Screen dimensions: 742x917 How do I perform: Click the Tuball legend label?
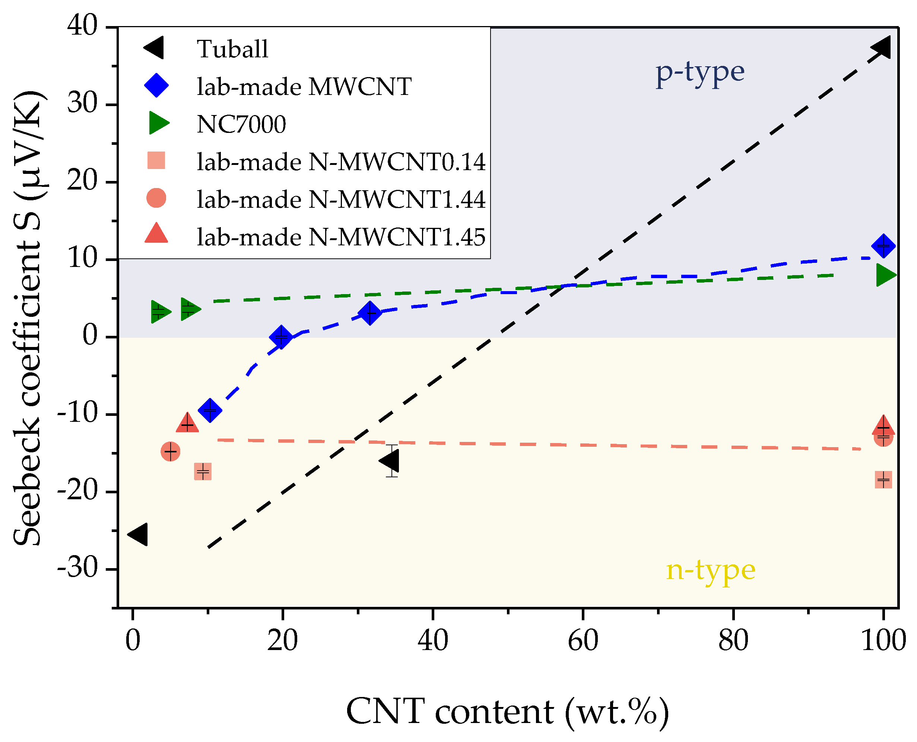232,49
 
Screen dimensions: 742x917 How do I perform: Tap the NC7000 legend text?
241,124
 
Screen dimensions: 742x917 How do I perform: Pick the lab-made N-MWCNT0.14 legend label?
341,162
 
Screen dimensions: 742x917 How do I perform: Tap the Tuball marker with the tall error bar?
390,461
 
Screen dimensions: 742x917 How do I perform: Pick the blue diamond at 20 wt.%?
281,337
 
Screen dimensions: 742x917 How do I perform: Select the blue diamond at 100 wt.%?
883,246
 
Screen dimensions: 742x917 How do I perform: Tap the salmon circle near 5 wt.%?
171,451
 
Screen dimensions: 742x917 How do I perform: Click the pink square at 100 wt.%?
883,480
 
